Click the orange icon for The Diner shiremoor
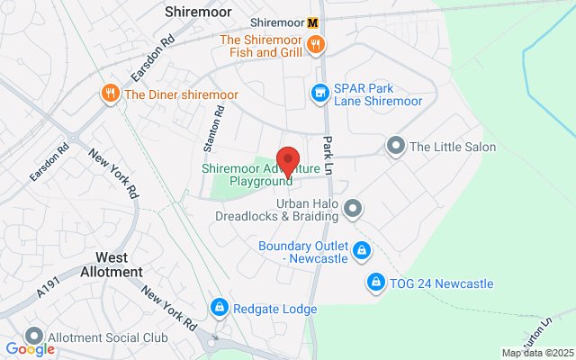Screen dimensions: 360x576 (x=111, y=93)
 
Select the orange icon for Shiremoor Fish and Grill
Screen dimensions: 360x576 (x=317, y=46)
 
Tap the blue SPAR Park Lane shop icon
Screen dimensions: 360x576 (x=319, y=92)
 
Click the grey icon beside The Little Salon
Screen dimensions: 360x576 (x=395, y=146)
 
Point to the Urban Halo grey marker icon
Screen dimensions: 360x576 (x=354, y=209)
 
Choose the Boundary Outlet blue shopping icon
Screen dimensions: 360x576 (x=361, y=249)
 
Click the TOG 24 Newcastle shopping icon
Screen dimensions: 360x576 (x=374, y=283)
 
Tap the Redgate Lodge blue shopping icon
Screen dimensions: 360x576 (x=219, y=309)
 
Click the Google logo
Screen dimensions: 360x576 (x=30, y=349)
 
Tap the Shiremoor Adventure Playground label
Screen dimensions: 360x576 (x=261, y=175)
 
